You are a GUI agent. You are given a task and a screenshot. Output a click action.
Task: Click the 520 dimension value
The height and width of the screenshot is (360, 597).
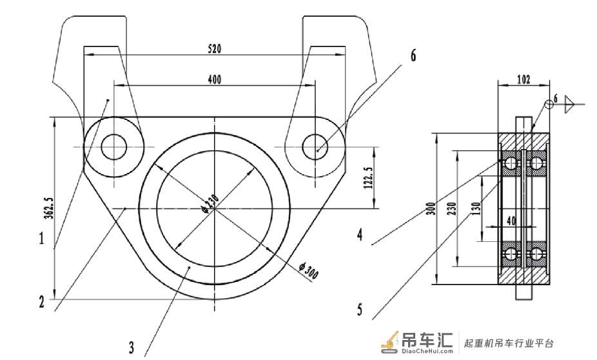tap(214, 49)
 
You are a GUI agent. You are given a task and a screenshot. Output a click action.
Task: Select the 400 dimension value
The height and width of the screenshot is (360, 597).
tap(214, 79)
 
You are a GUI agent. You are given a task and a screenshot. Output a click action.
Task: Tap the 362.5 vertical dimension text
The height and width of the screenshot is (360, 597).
tap(49, 208)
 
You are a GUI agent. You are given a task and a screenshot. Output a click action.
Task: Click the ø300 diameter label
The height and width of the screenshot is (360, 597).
tap(308, 270)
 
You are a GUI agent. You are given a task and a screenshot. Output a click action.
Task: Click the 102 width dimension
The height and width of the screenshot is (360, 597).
tap(524, 79)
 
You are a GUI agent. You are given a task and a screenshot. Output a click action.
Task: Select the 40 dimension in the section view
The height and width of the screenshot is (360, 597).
tap(511, 221)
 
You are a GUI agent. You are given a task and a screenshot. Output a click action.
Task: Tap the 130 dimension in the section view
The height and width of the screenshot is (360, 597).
tap(476, 208)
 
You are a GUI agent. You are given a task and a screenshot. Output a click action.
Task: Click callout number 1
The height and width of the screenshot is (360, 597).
tap(41, 239)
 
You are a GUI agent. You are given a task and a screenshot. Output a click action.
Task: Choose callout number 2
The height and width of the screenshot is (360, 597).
tap(41, 302)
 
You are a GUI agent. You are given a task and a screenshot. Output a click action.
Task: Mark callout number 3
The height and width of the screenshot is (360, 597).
tap(132, 348)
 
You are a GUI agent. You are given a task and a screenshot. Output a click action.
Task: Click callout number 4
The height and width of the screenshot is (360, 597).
tap(360, 234)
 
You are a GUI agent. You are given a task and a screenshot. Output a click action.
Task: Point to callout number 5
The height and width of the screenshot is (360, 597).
tap(360, 309)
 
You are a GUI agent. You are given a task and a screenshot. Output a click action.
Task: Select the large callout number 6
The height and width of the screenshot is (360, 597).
tap(413, 55)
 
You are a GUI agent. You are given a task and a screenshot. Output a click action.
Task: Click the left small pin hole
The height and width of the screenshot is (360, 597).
tap(114, 147)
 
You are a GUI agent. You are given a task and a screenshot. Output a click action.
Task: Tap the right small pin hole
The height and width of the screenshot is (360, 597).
tap(315, 147)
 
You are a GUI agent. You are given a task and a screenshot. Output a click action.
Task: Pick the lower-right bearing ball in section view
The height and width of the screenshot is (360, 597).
tap(536, 254)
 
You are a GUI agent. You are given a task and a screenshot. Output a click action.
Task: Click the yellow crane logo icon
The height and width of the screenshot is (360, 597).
tap(390, 341)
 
